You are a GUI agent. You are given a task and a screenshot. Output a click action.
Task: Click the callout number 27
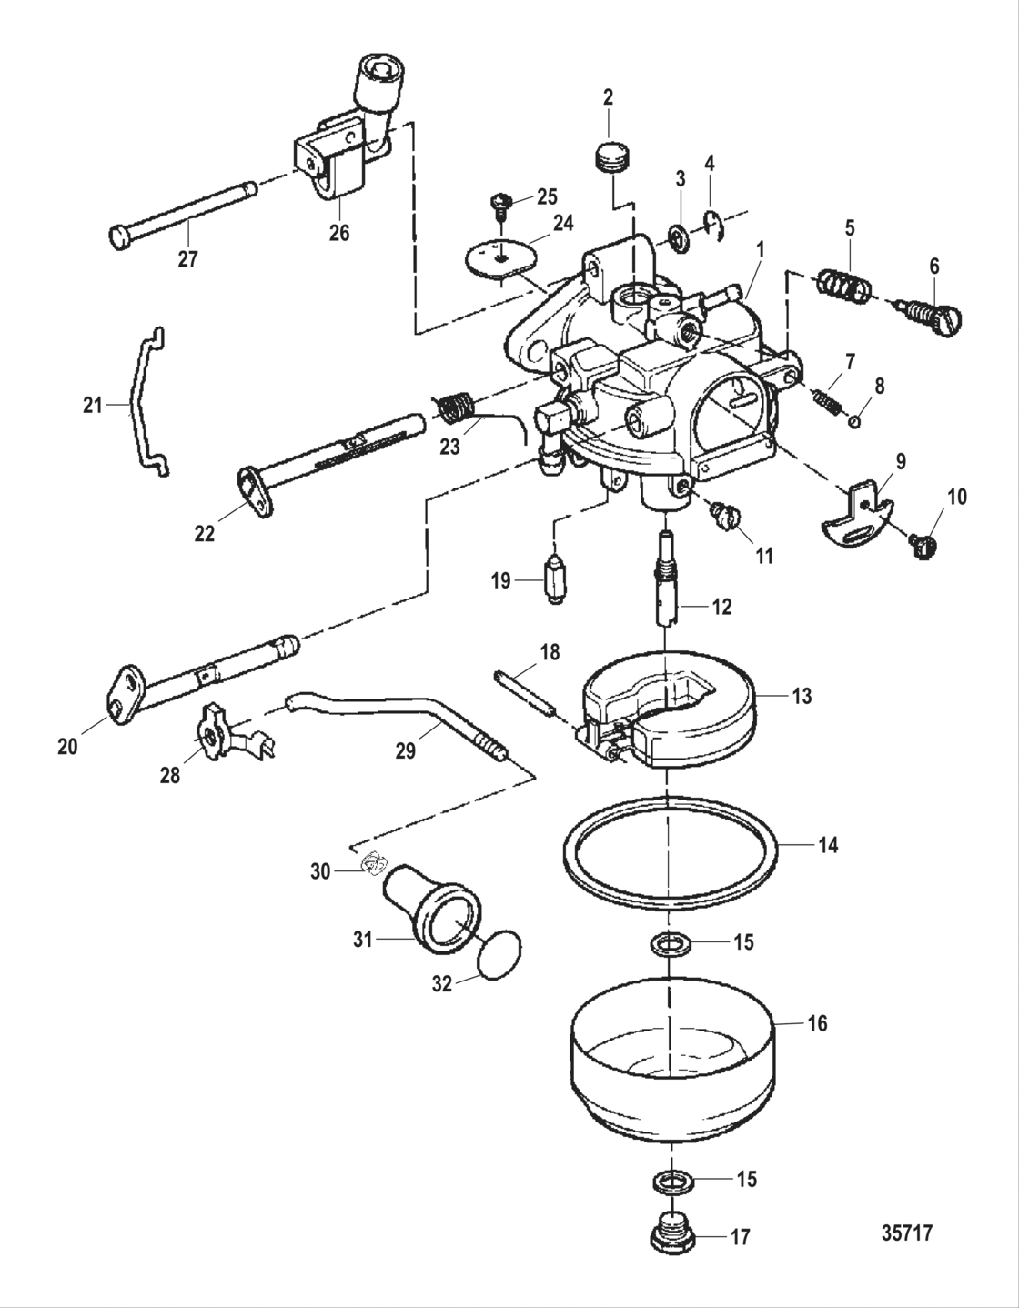[x=187, y=259]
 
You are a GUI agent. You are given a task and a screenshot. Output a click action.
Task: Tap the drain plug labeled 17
[x=671, y=1234]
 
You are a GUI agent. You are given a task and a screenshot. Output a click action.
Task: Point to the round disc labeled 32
[x=500, y=956]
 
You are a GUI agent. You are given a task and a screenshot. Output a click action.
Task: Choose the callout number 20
[x=68, y=747]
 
